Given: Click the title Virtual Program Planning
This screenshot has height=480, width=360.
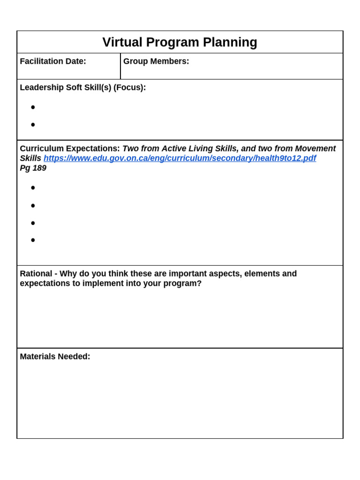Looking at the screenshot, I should (180, 42).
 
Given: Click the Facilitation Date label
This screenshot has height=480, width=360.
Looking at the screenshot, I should (53, 61).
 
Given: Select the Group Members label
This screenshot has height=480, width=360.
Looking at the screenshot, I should (156, 61).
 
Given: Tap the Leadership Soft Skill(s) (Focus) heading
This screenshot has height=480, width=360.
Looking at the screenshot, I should (83, 88).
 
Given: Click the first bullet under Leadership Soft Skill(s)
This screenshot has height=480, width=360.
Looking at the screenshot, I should (33, 107).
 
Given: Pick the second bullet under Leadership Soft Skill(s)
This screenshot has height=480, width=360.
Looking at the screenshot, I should (33, 125).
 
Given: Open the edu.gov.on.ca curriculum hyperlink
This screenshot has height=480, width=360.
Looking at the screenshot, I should (180, 158).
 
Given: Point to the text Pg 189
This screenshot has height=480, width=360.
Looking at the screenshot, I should (33, 168).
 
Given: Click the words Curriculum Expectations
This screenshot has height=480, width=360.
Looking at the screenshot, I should (70, 149).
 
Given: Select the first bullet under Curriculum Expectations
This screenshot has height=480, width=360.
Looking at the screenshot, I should (33, 188).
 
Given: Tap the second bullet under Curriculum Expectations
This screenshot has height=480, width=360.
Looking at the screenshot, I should (33, 205).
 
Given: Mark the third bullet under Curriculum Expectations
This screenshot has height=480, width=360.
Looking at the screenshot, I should (33, 223).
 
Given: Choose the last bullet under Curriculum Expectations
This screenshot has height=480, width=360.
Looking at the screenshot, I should (33, 240).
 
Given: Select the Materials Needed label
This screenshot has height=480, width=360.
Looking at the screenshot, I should (55, 357).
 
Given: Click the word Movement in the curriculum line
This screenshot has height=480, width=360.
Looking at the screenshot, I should (315, 149).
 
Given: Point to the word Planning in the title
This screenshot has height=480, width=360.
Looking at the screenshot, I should (230, 42).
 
